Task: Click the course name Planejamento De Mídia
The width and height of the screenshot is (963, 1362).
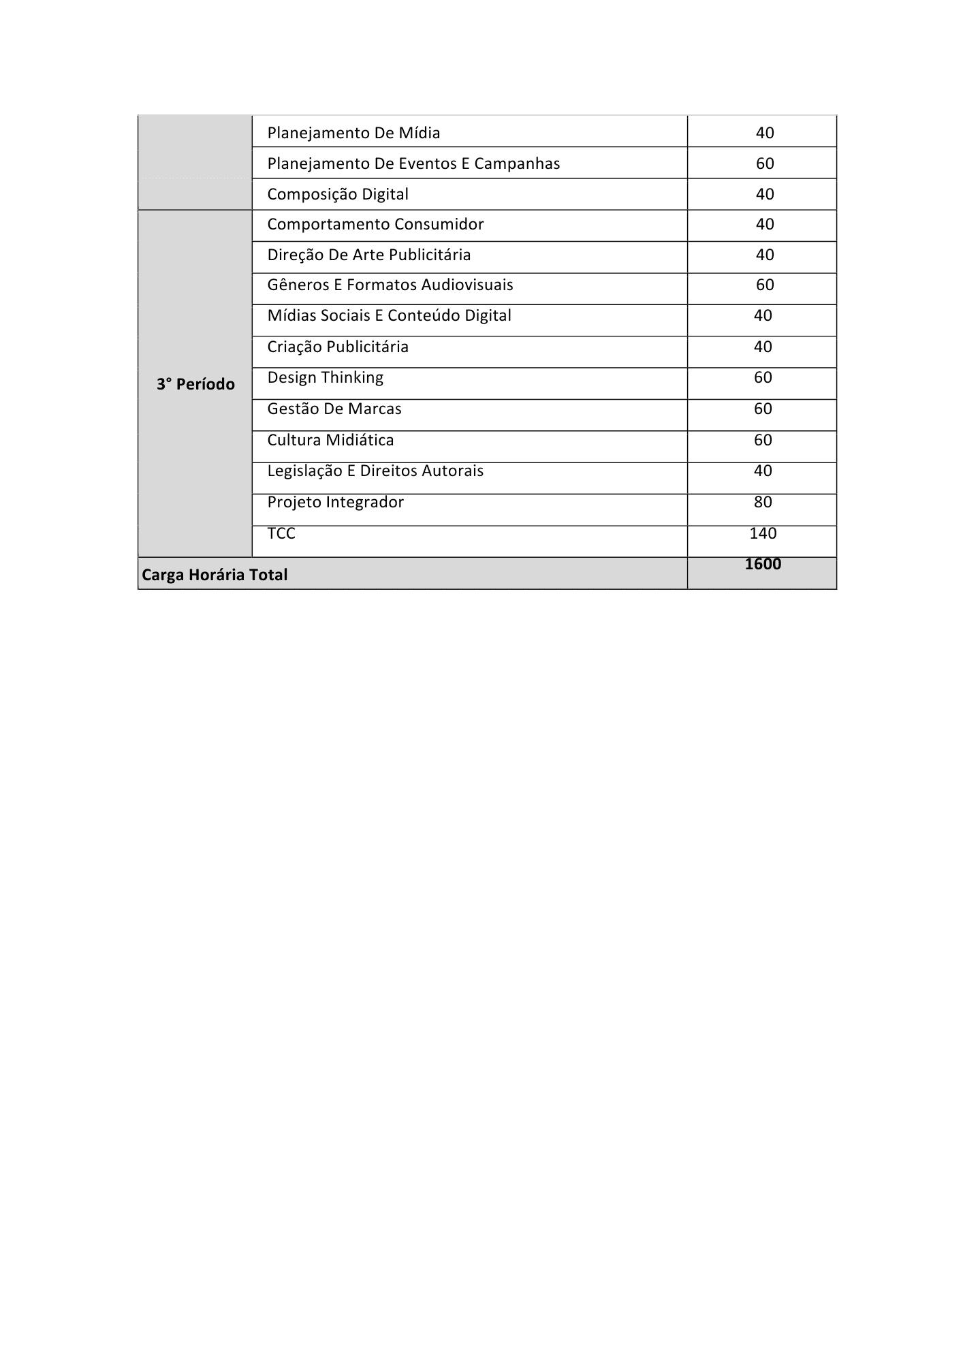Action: click(x=353, y=133)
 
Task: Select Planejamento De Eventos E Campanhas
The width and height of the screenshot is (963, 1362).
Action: click(x=413, y=163)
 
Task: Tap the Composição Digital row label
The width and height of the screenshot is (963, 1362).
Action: click(x=338, y=194)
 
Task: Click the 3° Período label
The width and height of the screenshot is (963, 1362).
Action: click(x=195, y=384)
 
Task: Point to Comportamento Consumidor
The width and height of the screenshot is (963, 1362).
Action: click(x=375, y=224)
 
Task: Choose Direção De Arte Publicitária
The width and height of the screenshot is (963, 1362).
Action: click(x=368, y=255)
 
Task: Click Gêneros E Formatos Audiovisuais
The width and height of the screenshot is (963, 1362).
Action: click(x=390, y=285)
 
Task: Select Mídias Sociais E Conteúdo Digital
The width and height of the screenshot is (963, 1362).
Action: click(x=389, y=315)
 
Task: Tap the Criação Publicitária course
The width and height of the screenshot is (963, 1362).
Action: click(x=338, y=347)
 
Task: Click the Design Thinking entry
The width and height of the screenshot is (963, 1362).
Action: click(x=325, y=377)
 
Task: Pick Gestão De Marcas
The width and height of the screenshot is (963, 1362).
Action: click(x=334, y=409)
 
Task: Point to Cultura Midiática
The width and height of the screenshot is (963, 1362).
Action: click(x=330, y=440)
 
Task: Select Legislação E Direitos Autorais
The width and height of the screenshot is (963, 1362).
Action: click(x=375, y=471)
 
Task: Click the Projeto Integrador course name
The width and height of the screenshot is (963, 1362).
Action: click(x=335, y=502)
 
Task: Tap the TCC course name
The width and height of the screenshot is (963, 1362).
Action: click(x=281, y=533)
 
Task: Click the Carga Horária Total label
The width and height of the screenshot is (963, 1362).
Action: click(x=215, y=575)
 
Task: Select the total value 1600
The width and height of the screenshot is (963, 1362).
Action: click(x=763, y=564)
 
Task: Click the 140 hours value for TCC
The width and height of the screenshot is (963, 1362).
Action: click(x=763, y=533)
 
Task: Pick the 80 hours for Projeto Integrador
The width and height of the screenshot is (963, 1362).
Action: click(x=763, y=502)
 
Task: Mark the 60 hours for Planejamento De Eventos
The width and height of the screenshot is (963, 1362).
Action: click(x=765, y=163)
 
